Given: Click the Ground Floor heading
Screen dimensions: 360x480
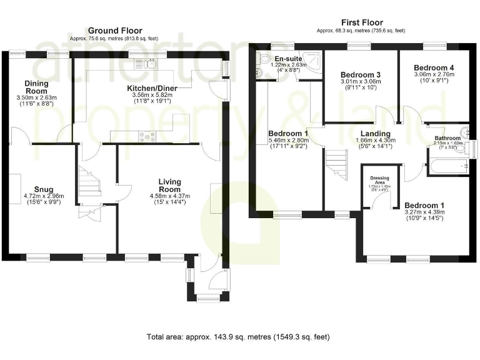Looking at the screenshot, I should (x=115, y=30).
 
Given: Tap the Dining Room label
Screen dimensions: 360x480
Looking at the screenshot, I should (x=36, y=87).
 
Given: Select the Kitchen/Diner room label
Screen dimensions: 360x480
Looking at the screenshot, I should (x=147, y=88).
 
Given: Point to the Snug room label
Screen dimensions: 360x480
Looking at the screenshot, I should (x=44, y=189).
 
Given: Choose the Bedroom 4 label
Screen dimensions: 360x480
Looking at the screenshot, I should (x=434, y=67).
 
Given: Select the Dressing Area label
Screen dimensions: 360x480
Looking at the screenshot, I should (x=380, y=180).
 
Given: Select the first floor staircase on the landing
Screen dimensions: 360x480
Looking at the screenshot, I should (x=336, y=164).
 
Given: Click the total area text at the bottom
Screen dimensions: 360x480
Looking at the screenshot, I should (x=237, y=337).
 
